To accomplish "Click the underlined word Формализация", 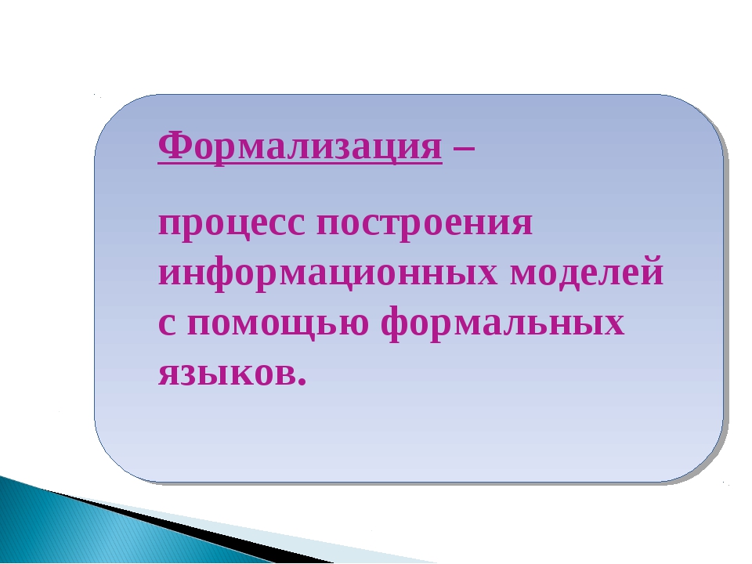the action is point(300,146).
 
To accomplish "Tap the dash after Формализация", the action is point(464,149).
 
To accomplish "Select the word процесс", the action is point(231,224).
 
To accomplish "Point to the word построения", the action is point(425,224).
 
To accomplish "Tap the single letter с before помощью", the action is point(166,324).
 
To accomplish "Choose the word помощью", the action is point(278,324).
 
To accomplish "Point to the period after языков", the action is point(302,381).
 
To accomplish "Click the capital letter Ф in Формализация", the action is point(172,146).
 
